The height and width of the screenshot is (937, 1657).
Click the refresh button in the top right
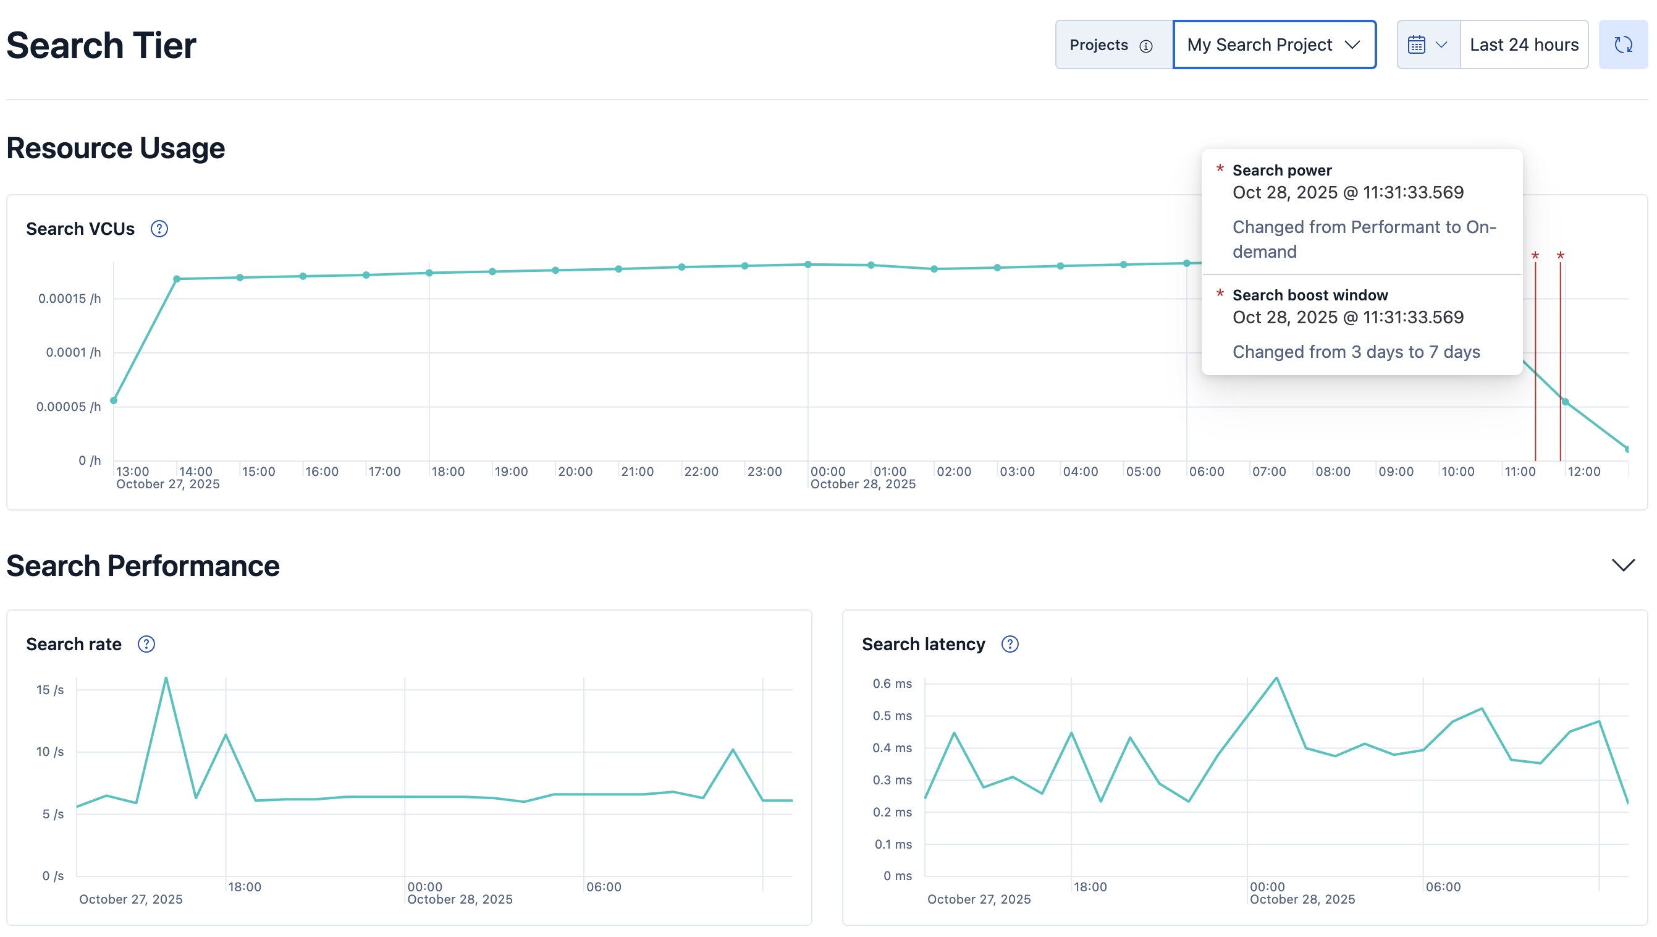click(x=1622, y=45)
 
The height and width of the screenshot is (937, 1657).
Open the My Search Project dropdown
click(x=1273, y=45)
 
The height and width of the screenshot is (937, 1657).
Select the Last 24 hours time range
click(x=1523, y=45)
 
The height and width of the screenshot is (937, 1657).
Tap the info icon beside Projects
click(x=1145, y=46)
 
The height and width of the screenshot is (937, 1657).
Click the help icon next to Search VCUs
click(x=159, y=229)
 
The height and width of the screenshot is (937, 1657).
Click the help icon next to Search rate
click(x=146, y=644)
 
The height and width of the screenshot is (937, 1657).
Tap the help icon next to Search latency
click(x=1010, y=644)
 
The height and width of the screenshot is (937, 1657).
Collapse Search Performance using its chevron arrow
click(x=1622, y=565)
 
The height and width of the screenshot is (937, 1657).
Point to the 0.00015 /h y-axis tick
click(x=69, y=299)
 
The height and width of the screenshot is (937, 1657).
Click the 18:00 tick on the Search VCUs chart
click(x=448, y=472)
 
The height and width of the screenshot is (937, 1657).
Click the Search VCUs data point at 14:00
click(x=177, y=279)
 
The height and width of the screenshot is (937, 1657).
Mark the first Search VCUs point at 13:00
click(x=114, y=401)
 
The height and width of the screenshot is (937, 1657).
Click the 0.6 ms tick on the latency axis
click(x=892, y=684)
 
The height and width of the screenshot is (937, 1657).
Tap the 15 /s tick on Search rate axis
click(x=50, y=690)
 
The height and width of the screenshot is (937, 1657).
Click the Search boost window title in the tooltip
click(x=1310, y=295)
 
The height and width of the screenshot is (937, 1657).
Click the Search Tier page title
click(x=101, y=46)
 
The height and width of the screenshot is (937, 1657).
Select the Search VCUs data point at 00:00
click(x=808, y=265)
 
